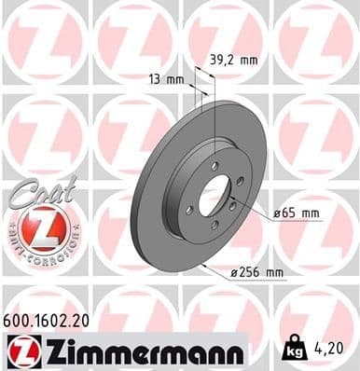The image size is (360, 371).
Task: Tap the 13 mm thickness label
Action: click(x=164, y=79)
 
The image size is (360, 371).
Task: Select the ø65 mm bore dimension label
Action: click(x=297, y=213)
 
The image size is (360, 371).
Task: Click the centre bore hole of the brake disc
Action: click(x=214, y=196)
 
